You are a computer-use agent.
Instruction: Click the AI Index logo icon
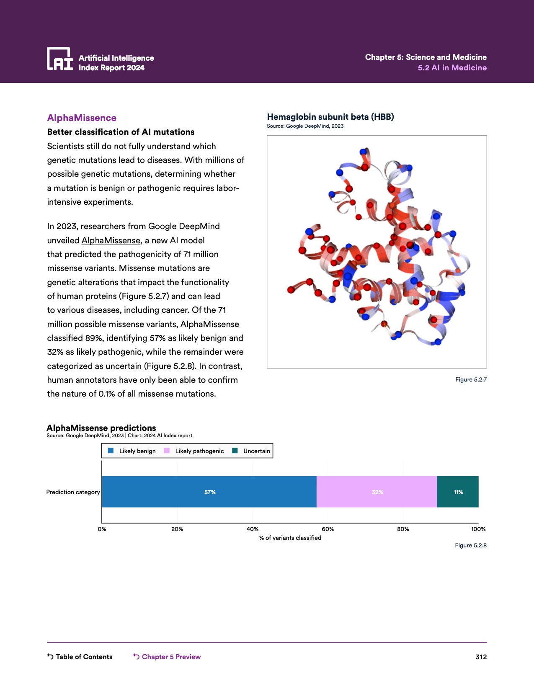(x=59, y=59)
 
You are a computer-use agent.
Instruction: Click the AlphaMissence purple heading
(x=82, y=118)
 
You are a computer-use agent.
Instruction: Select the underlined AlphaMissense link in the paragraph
(x=111, y=240)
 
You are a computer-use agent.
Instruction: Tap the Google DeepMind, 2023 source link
(x=315, y=126)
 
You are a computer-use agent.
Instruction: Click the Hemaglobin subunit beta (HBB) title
(x=330, y=117)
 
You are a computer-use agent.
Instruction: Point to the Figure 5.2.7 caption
(x=471, y=379)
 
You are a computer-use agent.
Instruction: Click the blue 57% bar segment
(x=209, y=492)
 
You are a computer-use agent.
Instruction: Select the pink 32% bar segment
(x=377, y=492)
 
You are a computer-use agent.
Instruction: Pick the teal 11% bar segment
(x=458, y=492)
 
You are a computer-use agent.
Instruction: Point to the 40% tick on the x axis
(x=253, y=529)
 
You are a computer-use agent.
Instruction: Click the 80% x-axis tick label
(x=403, y=529)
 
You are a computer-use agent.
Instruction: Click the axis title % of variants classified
(x=290, y=538)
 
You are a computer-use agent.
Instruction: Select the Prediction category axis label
(x=73, y=492)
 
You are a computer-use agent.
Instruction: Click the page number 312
(x=481, y=657)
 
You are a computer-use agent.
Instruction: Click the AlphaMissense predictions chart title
(x=101, y=428)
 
